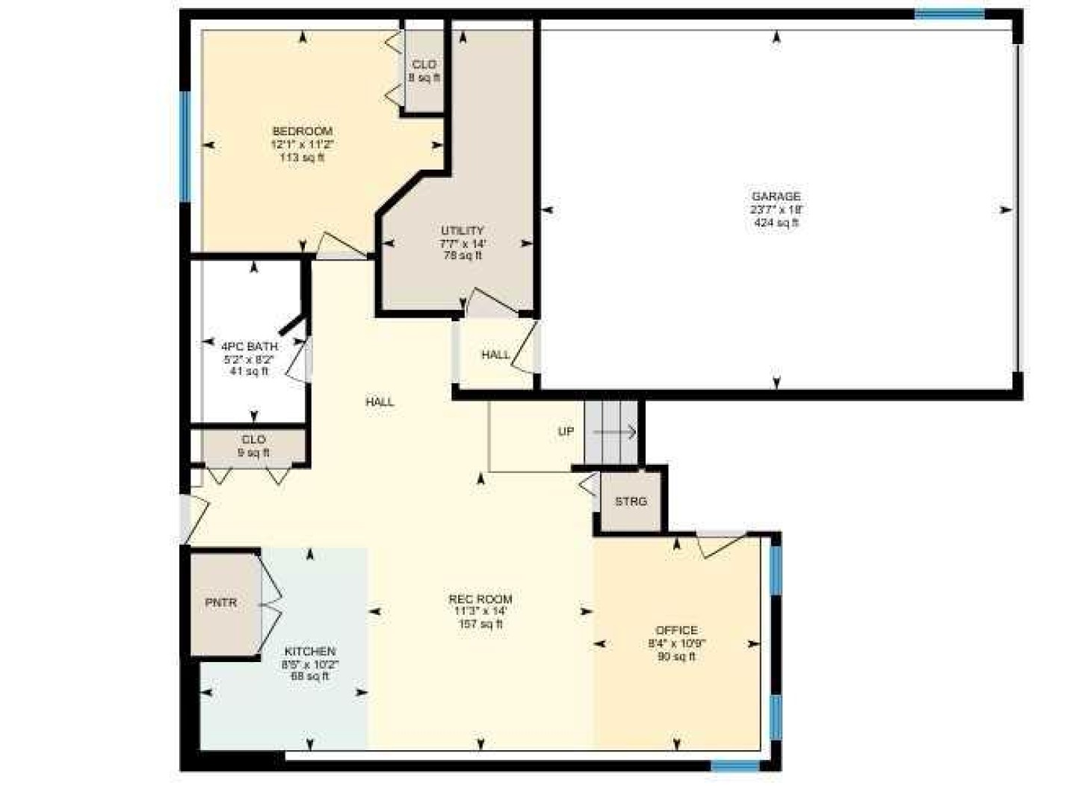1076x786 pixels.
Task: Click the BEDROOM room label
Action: coord(302,131)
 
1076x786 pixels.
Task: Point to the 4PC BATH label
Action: coord(250,346)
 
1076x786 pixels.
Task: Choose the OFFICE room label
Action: coord(676,631)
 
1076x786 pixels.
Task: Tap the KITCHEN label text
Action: coord(309,652)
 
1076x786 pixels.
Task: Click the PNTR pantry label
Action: coord(221,602)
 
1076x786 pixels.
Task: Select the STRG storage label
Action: coord(631,501)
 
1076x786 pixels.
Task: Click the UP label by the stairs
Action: coord(566,431)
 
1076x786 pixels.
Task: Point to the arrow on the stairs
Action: coord(615,433)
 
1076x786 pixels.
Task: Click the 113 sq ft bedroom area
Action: coord(302,157)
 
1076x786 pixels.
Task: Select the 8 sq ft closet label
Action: coord(424,78)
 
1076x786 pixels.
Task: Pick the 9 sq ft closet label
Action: coord(253,453)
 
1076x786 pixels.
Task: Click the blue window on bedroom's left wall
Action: coord(185,146)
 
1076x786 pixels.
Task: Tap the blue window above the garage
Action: coord(949,14)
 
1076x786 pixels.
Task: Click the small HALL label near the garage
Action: coord(495,355)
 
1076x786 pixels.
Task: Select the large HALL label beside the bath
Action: coord(380,402)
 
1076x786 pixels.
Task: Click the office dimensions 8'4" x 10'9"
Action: coord(676,643)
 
